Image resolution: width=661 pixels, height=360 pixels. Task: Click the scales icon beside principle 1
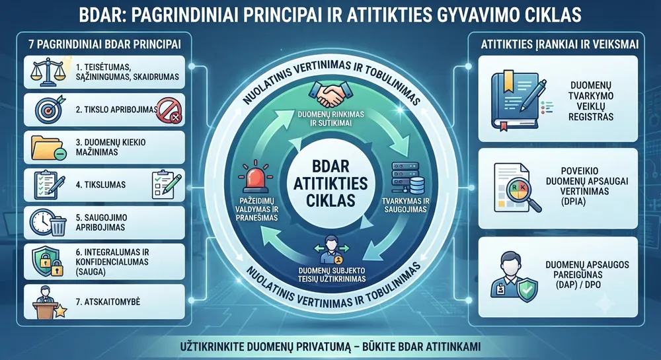tap(48, 71)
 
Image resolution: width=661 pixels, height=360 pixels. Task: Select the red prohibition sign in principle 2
tap(169, 110)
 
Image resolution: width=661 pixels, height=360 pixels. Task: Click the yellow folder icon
tap(48, 148)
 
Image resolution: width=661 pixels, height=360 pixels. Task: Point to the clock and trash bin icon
tap(48, 223)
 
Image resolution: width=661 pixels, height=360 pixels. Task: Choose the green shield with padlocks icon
tap(48, 261)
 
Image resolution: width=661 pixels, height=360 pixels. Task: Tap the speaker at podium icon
tap(48, 303)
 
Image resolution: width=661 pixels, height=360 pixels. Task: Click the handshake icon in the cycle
tap(330, 94)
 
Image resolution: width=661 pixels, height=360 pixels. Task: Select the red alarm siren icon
tap(255, 176)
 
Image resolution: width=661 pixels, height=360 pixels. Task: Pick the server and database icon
tap(407, 178)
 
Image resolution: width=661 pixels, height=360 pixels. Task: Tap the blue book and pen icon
tap(518, 100)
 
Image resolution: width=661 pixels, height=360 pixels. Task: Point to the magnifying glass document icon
tap(517, 188)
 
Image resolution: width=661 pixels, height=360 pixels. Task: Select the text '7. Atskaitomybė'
tap(108, 302)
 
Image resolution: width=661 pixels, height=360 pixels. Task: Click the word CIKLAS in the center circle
tap(330, 200)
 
